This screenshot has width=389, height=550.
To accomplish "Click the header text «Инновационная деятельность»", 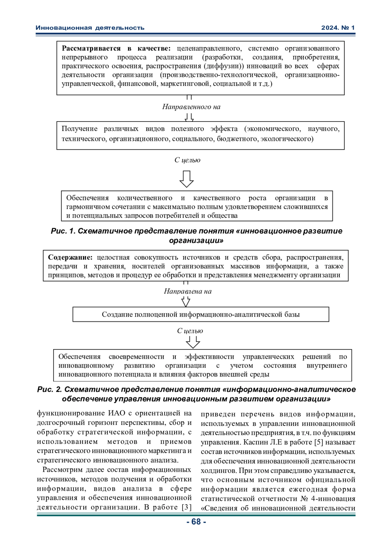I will click(90, 28).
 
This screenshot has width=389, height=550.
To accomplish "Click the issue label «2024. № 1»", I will click(338, 28).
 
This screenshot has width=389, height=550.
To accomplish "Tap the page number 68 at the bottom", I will click(196, 521).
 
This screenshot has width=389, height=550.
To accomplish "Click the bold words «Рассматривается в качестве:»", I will click(116, 49).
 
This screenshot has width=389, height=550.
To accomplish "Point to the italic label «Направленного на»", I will click(191, 107).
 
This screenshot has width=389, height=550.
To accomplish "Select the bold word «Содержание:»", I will click(70, 258).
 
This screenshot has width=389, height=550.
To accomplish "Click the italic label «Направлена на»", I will click(188, 291).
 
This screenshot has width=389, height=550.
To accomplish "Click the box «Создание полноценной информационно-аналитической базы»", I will click(201, 314).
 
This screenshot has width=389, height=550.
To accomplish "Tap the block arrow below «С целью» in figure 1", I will click(186, 179).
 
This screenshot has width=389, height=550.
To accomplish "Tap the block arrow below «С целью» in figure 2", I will click(193, 342).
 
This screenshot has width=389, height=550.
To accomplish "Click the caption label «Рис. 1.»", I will click(63, 231).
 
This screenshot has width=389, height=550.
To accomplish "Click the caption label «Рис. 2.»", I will click(50, 389).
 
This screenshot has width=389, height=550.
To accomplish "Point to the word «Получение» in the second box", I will click(79, 129).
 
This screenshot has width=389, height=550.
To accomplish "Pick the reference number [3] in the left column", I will click(186, 507).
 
